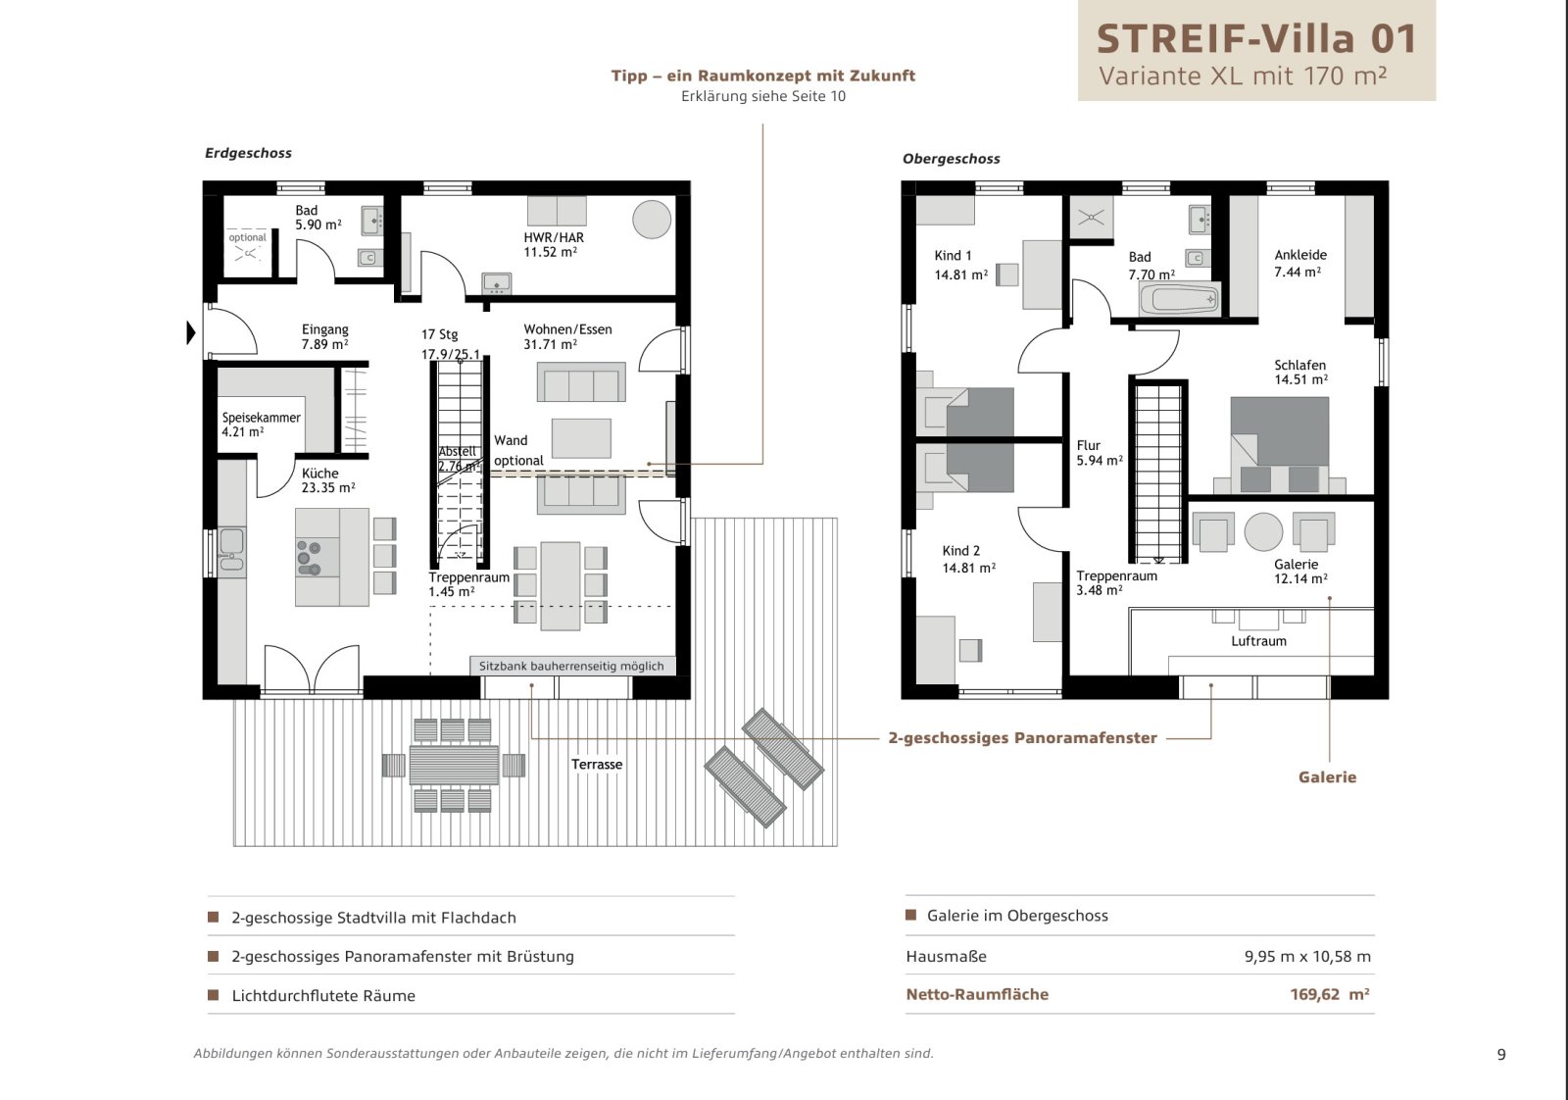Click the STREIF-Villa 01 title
click(x=1256, y=38)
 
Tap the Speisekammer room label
click(x=261, y=425)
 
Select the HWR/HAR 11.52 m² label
click(x=553, y=244)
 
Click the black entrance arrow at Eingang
click(x=190, y=332)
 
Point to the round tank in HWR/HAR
click(x=652, y=220)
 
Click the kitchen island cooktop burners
click(x=309, y=557)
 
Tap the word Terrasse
click(x=597, y=764)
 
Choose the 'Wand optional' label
click(x=518, y=450)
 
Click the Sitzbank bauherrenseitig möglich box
click(x=572, y=666)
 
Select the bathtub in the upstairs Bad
click(x=1180, y=300)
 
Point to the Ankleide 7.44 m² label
click(x=1299, y=264)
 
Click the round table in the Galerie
click(x=1263, y=532)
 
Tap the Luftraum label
click(x=1258, y=640)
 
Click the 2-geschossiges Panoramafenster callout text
click(x=1022, y=738)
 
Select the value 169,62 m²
click(x=1329, y=994)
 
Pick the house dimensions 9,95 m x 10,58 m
click(x=1307, y=957)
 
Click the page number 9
click(x=1500, y=1055)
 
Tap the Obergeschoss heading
click(x=951, y=159)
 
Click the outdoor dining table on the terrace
click(x=454, y=765)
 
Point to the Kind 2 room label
click(x=968, y=559)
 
